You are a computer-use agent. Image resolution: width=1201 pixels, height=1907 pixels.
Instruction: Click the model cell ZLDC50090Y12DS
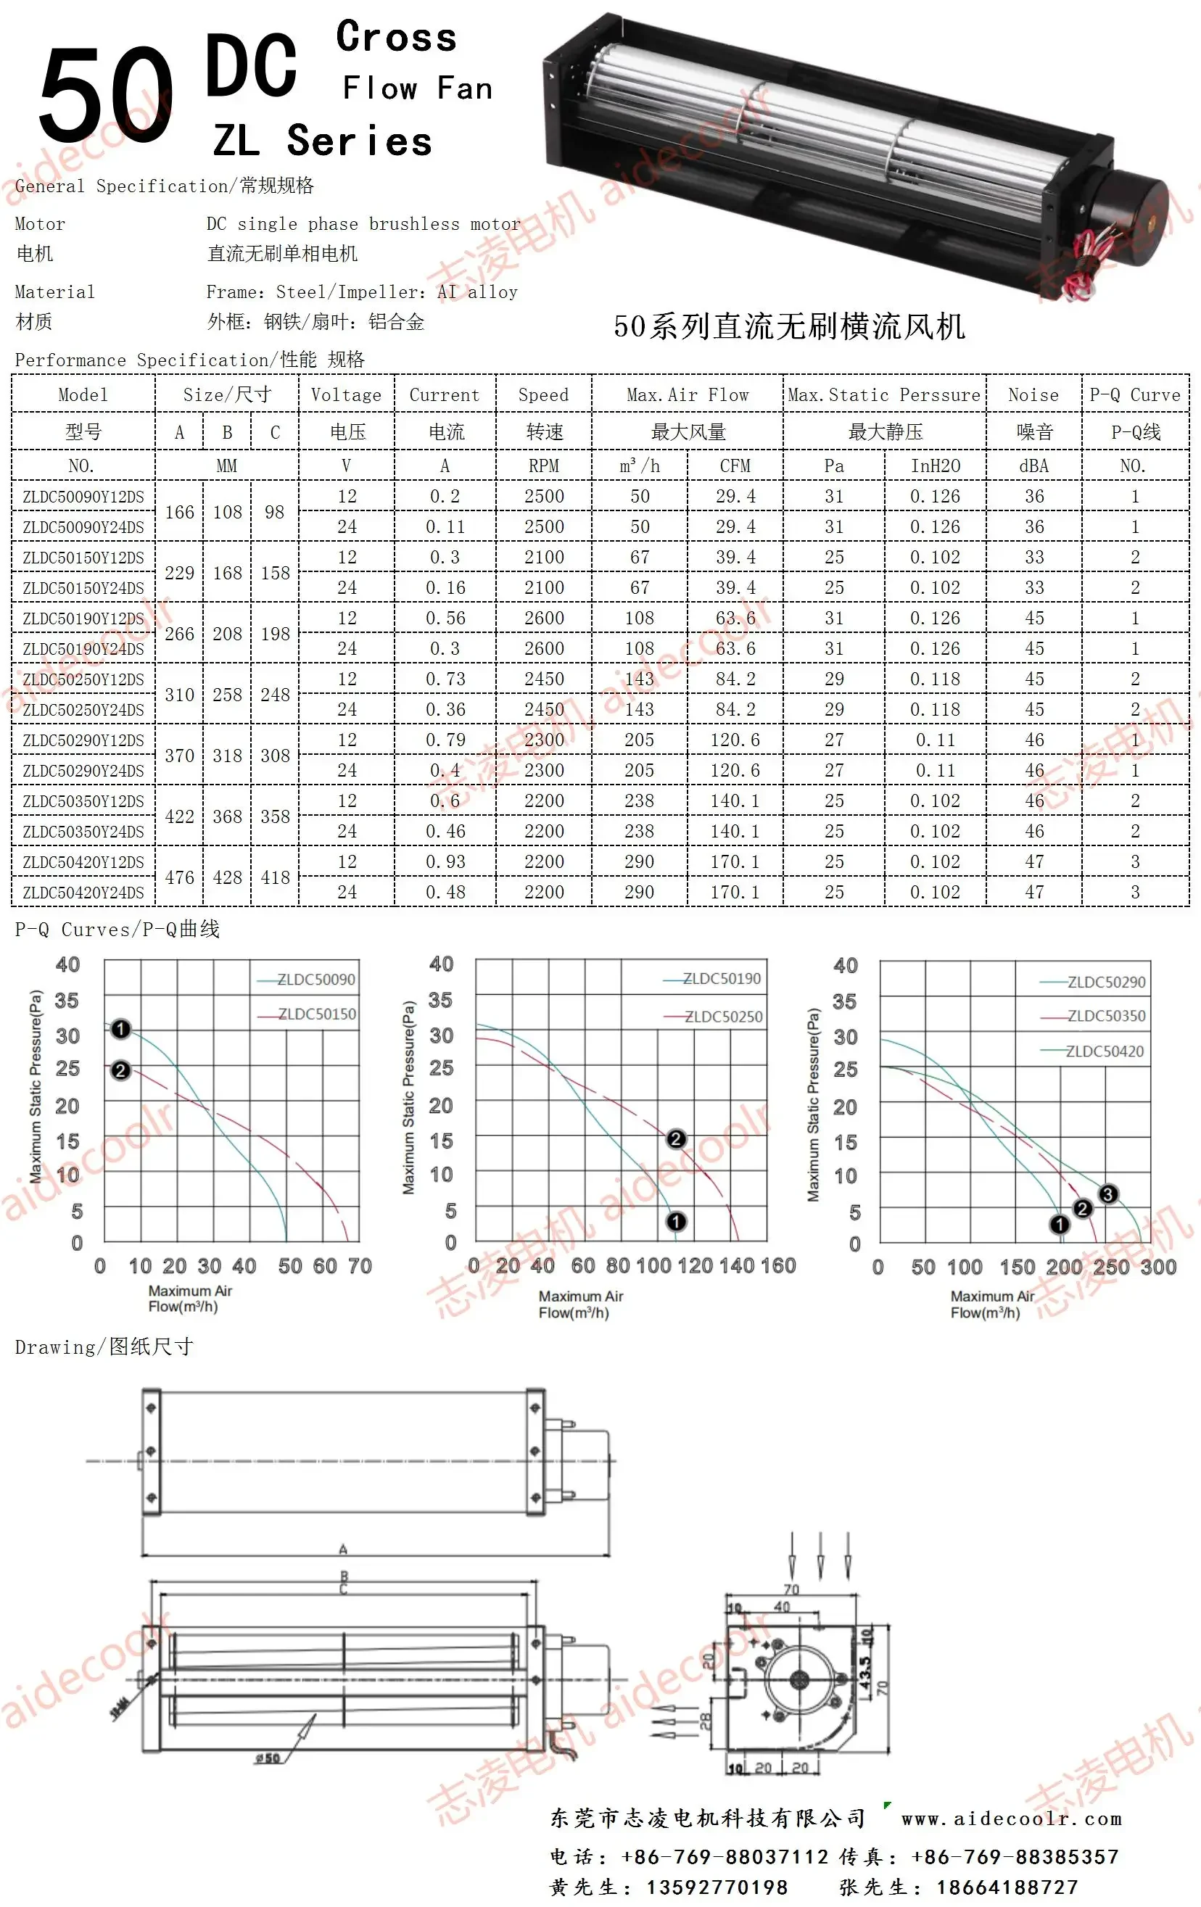click(83, 497)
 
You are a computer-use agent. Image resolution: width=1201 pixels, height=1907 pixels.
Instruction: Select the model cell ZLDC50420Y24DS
click(83, 893)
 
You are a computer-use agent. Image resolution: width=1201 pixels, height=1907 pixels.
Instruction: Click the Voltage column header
click(346, 394)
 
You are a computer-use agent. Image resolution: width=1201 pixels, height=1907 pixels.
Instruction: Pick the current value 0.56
click(445, 618)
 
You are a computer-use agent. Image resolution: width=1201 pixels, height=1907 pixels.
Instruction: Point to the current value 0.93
click(445, 861)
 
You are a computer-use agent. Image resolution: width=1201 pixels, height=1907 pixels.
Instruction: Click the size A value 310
click(179, 695)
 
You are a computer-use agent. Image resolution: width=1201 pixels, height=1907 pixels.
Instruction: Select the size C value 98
click(274, 512)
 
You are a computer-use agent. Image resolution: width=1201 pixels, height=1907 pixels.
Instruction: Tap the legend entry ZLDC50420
click(1104, 1051)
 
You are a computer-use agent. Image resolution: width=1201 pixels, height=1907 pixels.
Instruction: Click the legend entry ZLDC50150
click(316, 1014)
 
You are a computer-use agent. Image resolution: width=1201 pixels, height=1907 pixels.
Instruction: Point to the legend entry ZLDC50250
click(722, 1016)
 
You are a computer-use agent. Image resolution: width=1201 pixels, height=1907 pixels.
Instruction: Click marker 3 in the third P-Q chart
click(1107, 1194)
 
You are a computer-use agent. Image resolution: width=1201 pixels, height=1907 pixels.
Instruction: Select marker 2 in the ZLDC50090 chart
click(120, 1071)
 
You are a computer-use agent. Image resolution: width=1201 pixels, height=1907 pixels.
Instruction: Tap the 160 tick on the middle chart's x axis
click(778, 1265)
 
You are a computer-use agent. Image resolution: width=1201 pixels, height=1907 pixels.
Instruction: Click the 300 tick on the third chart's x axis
click(1158, 1267)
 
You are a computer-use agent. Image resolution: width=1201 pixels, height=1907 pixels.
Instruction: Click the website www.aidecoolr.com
click(1011, 1819)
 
